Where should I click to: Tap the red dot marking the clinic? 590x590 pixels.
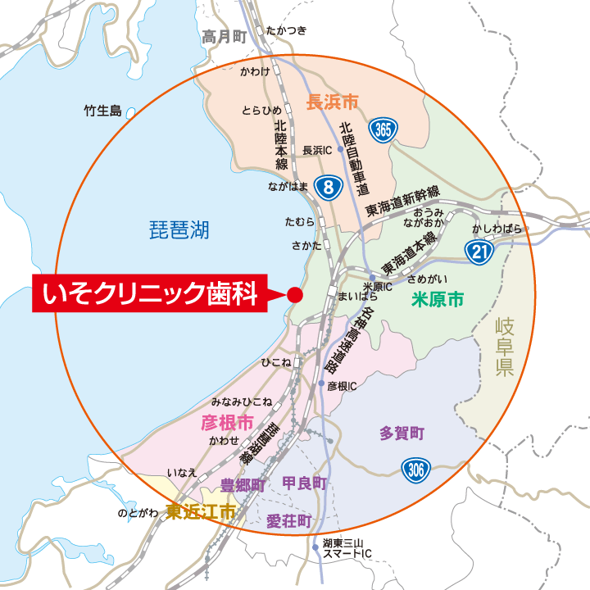(x=295, y=294)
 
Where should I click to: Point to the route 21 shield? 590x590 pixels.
(x=479, y=252)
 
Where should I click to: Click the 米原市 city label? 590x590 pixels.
(x=437, y=300)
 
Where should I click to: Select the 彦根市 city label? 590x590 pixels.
(x=227, y=422)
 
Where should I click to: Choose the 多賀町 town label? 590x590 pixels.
(x=402, y=433)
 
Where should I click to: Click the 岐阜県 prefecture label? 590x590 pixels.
(x=504, y=347)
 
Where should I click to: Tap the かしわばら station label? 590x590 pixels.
(x=497, y=229)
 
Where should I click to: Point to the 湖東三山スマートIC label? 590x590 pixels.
(x=347, y=548)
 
